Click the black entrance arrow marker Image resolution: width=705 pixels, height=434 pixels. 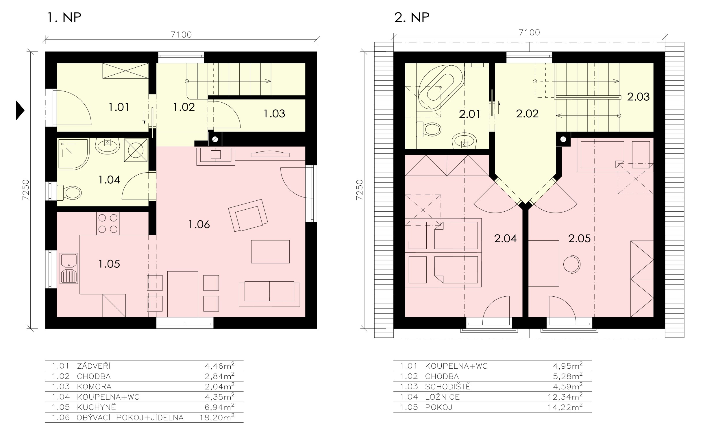[x=20, y=110]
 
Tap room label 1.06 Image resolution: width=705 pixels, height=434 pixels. [x=199, y=224]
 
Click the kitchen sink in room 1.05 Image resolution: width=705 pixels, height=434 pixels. [x=69, y=268]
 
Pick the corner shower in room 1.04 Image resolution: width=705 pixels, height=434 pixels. [x=73, y=154]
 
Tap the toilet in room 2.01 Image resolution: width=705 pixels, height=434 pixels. [x=428, y=129]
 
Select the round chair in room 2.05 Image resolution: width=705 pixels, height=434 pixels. [x=572, y=264]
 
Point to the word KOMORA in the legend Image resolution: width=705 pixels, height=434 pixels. [x=94, y=387]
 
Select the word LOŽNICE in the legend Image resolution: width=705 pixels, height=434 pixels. [x=442, y=397]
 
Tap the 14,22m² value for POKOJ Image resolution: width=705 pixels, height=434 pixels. [x=565, y=407]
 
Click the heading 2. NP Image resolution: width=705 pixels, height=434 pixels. [x=412, y=17]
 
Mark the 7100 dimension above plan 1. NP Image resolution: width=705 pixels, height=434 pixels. [x=181, y=34]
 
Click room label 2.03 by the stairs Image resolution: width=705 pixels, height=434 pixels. [x=638, y=97]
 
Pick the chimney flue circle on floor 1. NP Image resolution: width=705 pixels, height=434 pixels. [x=215, y=139]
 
